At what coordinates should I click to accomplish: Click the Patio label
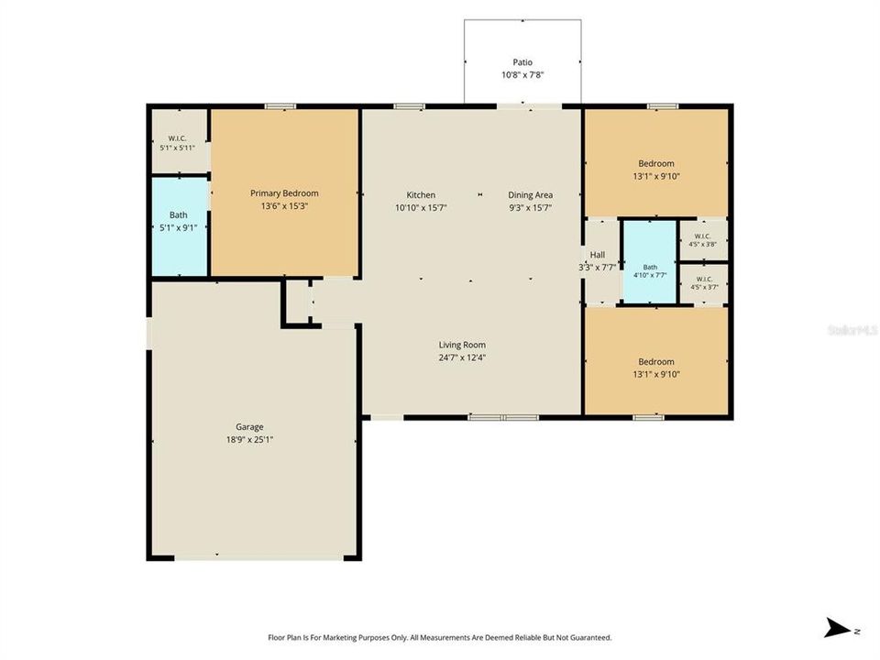[522, 62]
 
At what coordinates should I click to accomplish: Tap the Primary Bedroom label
[284, 193]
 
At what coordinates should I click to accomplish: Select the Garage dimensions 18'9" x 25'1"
[249, 439]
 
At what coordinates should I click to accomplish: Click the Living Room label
[462, 345]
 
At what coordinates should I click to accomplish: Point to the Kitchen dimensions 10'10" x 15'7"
[421, 207]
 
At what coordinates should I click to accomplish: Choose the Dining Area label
[531, 194]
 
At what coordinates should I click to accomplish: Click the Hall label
[598, 255]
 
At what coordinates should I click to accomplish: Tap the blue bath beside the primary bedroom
[180, 226]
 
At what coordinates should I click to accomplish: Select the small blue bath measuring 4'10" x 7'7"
[650, 262]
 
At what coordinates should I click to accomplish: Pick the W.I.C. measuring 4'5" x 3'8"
[703, 240]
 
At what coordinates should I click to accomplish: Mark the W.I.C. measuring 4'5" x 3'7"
[704, 283]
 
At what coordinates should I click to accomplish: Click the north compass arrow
[838, 628]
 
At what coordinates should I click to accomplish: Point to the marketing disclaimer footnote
[439, 638]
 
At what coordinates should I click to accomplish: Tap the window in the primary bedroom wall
[280, 106]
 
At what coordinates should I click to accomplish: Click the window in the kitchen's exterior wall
[409, 106]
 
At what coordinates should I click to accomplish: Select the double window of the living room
[503, 417]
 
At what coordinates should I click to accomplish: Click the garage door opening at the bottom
[259, 558]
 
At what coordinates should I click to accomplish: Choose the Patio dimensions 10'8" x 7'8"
[522, 74]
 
